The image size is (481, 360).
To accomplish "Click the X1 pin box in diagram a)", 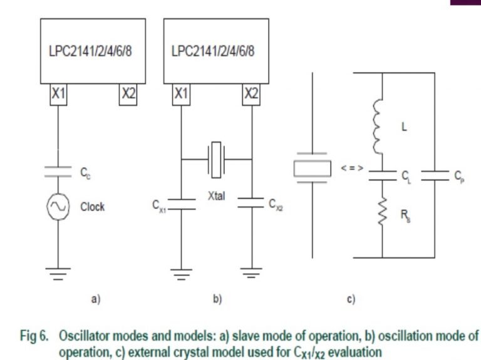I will (x=59, y=94).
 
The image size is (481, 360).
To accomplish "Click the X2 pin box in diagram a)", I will (x=128, y=94).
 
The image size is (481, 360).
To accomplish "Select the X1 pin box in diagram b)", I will (x=182, y=94).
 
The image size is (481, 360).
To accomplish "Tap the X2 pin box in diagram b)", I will (x=251, y=94).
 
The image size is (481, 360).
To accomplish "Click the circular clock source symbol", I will (x=59, y=207).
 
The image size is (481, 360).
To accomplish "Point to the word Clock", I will (x=92, y=207).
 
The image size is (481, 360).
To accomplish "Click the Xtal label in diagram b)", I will (x=217, y=196).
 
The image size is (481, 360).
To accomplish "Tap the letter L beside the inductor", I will (x=404, y=127).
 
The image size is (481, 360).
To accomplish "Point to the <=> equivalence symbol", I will (x=352, y=168).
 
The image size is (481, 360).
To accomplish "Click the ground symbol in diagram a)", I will (x=59, y=274).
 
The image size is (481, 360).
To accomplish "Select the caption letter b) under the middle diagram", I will (x=217, y=300).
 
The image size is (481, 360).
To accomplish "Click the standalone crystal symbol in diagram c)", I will (x=311, y=168).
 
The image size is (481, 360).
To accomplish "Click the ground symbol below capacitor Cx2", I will (x=251, y=274).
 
